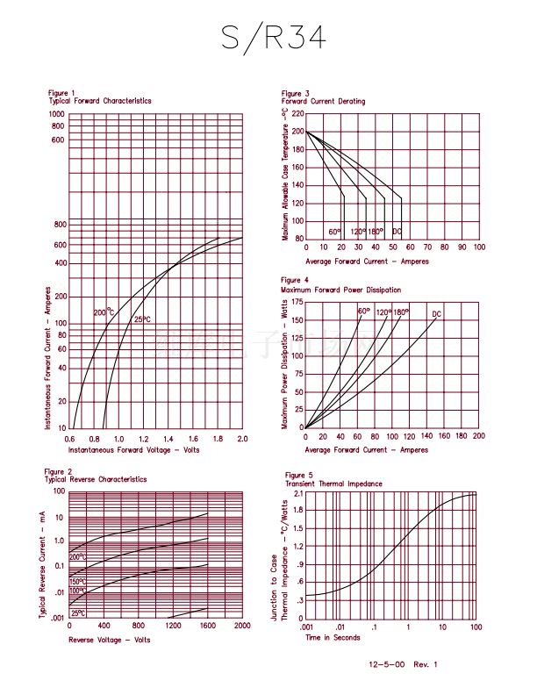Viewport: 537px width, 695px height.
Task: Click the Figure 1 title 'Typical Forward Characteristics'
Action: coord(100,101)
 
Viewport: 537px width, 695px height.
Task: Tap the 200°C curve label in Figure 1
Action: coord(104,312)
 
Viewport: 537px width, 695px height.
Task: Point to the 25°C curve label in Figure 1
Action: coord(142,319)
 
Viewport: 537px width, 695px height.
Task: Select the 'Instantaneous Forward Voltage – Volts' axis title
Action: coord(133,449)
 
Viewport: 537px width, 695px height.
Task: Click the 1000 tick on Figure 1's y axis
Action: coord(57,114)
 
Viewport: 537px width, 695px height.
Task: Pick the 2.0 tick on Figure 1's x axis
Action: coord(242,438)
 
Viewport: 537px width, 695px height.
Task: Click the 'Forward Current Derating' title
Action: coord(323,102)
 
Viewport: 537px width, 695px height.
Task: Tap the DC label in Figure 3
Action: coord(397,232)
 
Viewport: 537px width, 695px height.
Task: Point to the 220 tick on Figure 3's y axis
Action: coord(297,114)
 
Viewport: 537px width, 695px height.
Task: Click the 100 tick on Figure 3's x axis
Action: coord(478,247)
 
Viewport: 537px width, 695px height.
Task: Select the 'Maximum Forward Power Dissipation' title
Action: coord(340,290)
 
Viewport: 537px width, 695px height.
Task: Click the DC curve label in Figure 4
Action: coord(436,314)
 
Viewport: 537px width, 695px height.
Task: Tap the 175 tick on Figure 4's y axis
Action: coord(297,302)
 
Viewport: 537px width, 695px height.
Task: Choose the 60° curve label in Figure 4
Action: coord(363,312)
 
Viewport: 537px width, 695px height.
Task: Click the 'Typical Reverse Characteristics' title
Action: coord(96,479)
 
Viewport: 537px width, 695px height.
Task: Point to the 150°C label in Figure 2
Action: coord(77,582)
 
